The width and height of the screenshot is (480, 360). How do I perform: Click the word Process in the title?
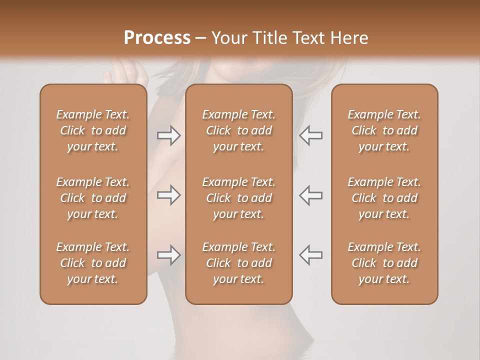coord(157,38)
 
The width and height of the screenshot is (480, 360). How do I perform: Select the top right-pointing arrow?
coord(168,135)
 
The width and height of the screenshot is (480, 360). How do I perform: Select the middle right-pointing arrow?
coord(168,195)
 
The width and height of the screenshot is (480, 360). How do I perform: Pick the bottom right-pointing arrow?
coord(168,255)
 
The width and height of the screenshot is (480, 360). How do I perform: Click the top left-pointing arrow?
coord(310,135)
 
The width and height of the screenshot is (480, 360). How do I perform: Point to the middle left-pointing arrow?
coord(310,195)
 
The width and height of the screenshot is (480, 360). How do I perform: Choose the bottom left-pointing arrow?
coord(310,255)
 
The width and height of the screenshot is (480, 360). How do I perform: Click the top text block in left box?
coord(93,130)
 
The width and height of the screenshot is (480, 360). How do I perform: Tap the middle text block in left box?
coord(93,198)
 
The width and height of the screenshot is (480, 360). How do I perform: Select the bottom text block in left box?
coord(93,263)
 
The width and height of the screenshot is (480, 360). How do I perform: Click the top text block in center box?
coord(238,130)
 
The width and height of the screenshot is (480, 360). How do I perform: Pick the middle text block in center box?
coord(238,198)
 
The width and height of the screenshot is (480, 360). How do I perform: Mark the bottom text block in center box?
coord(238,263)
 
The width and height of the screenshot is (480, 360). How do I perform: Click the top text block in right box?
coord(384,130)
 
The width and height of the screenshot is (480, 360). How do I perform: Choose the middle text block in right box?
coord(384,198)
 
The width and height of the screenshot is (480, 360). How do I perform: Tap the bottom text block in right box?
coord(384,263)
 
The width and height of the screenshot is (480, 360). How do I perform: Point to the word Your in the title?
coord(228,38)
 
